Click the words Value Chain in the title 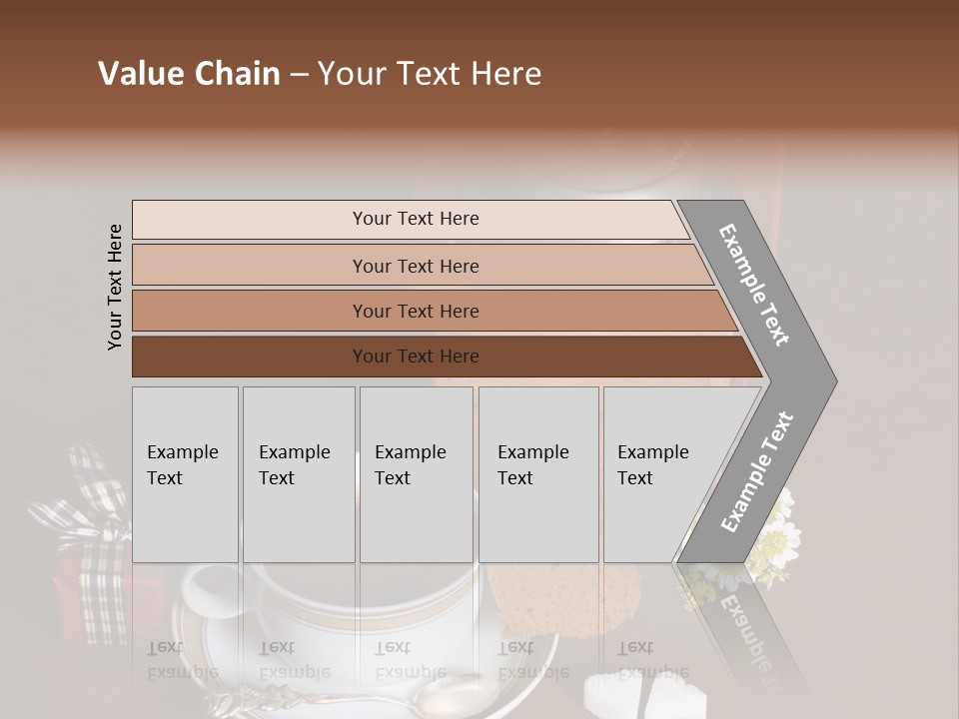coord(189,74)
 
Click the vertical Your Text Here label coord(115,287)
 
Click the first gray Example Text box coord(185,474)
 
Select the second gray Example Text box coord(299,474)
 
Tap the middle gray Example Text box coord(416,474)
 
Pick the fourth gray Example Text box coord(538,474)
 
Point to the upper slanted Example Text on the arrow coord(754,285)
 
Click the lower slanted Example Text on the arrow coord(757,471)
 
